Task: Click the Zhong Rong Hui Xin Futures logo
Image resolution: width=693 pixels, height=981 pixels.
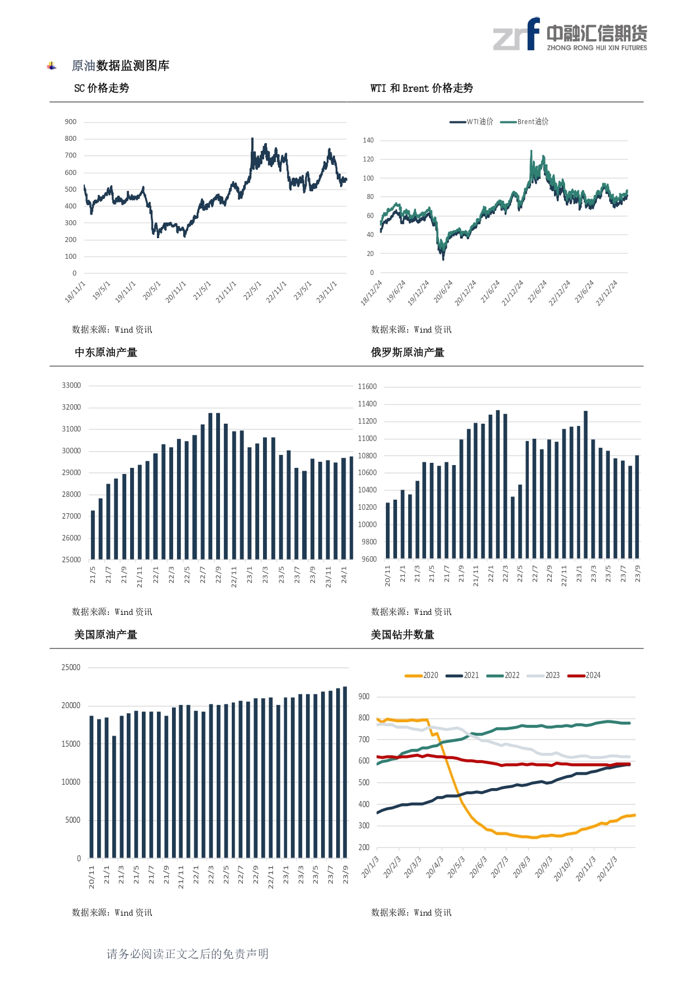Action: [570, 35]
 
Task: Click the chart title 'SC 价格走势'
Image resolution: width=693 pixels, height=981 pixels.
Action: [102, 88]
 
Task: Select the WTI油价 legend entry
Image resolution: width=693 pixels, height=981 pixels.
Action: [472, 122]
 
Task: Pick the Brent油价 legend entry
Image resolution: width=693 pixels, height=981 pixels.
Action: [524, 122]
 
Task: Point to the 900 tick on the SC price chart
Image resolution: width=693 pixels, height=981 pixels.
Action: [70, 122]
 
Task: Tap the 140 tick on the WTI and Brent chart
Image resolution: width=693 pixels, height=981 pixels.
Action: [368, 140]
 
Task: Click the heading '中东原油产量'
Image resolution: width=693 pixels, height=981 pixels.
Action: [106, 353]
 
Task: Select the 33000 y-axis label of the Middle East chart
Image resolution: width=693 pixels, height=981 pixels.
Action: [71, 386]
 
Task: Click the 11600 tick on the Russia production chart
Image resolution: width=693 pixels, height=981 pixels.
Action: [367, 387]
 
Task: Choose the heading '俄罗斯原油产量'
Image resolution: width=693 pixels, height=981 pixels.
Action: [408, 353]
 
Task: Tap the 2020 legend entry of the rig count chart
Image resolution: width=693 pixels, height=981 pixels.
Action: [422, 675]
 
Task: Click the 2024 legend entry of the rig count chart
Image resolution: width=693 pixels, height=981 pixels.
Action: [584, 675]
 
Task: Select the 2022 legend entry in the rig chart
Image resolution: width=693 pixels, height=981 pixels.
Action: [503, 675]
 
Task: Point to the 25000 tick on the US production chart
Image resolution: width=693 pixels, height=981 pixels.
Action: [71, 667]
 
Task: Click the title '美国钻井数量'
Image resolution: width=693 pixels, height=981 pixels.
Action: [403, 635]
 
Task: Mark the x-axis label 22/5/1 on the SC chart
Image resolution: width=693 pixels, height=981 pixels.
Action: [252, 291]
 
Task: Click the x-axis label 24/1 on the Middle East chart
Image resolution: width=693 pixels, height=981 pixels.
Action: [344, 574]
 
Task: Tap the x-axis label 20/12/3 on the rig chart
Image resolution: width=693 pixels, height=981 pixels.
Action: [607, 868]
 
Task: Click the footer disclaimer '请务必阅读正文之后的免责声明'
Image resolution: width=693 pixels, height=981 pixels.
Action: [188, 954]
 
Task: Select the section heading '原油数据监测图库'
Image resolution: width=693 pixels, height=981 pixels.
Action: [121, 66]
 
